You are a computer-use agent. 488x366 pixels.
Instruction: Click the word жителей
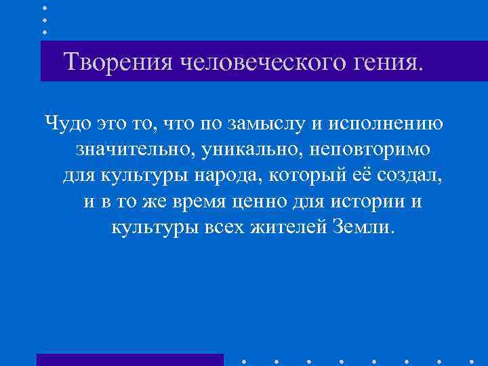tap(283, 226)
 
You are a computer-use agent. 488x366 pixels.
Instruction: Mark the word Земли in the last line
tap(361, 226)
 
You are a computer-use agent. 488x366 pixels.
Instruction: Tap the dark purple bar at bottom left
tap(129, 360)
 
